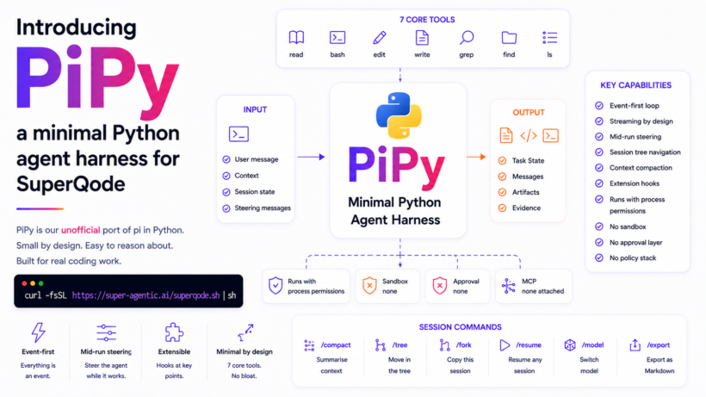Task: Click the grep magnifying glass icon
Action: pos(467,38)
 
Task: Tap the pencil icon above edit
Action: pos(380,38)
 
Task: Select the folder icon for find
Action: pos(509,38)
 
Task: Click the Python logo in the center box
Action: pos(399,115)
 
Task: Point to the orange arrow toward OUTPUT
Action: pos(476,157)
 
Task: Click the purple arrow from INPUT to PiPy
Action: pos(311,157)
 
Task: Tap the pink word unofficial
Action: pos(81,230)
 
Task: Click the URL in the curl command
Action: pos(146,295)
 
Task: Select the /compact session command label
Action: pos(336,345)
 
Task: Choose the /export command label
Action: pos(659,345)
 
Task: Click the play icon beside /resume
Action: pos(505,345)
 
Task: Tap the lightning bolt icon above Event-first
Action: pos(38,332)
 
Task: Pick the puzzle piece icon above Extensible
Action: pos(174,332)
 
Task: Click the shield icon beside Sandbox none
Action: pos(369,285)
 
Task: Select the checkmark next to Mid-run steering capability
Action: pos(599,137)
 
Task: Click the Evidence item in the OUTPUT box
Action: pos(526,208)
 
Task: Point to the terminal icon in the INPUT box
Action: pos(238,134)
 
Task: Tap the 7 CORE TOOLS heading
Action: pos(427,20)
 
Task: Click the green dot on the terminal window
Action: pos(41,283)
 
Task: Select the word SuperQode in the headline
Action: pos(71,184)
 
